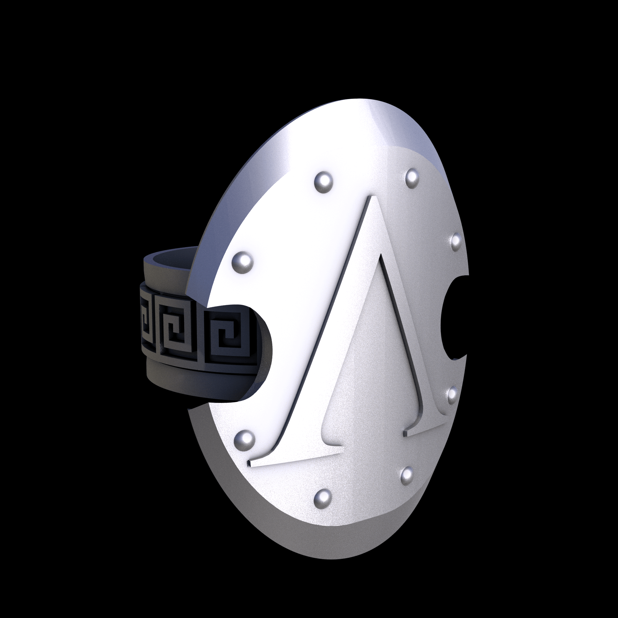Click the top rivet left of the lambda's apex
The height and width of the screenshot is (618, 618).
(323, 183)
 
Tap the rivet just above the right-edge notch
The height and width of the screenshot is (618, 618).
(456, 242)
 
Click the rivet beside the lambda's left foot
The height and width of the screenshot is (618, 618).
(244, 440)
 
